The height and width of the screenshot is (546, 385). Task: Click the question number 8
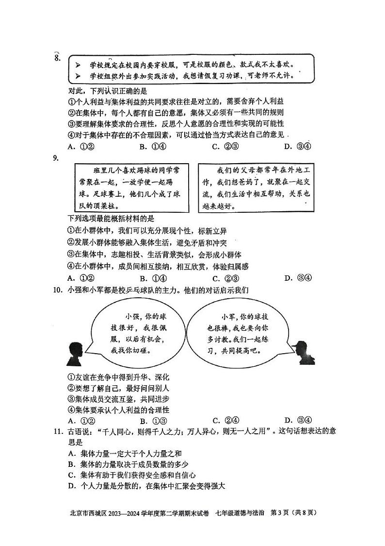click(x=57, y=59)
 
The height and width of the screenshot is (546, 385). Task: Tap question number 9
click(x=56, y=157)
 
